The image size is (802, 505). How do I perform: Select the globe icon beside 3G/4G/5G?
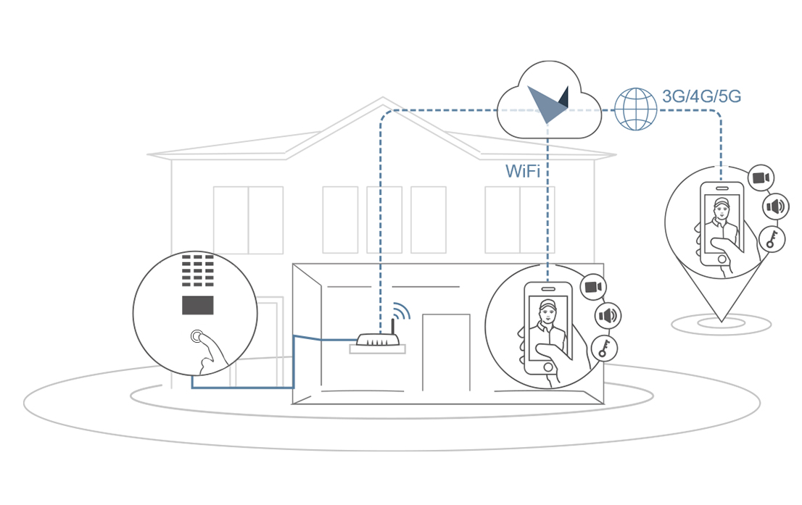(x=635, y=109)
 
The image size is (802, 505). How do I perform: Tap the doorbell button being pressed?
(x=197, y=337)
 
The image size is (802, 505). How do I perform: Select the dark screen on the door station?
(x=198, y=305)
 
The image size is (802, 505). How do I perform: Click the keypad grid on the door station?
(x=197, y=271)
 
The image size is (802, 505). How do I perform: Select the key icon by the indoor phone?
(x=604, y=349)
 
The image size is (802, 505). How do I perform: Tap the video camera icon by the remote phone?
(x=761, y=178)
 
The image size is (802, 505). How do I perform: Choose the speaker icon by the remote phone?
(x=775, y=207)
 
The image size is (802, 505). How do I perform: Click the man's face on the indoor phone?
(x=547, y=313)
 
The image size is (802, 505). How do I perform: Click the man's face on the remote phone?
(x=722, y=209)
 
